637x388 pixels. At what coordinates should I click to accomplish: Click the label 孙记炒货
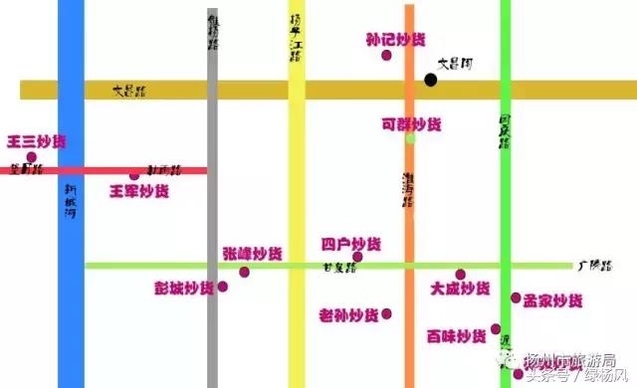click(x=395, y=40)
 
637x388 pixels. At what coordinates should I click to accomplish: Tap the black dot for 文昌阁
click(x=430, y=80)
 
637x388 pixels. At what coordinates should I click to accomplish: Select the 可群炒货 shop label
click(x=411, y=124)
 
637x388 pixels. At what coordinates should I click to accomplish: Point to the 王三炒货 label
click(x=36, y=141)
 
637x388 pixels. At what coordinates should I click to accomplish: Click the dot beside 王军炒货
click(x=134, y=176)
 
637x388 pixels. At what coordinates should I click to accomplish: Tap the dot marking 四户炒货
click(x=357, y=257)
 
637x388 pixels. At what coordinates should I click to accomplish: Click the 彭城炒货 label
click(x=183, y=288)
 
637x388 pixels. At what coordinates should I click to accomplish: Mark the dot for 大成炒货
click(x=460, y=275)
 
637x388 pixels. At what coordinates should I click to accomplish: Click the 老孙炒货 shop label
click(x=348, y=315)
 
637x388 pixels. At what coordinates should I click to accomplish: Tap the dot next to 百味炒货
click(x=496, y=329)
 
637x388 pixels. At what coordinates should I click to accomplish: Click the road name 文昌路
click(x=128, y=91)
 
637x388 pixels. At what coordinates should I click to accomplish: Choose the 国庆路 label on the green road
click(x=505, y=130)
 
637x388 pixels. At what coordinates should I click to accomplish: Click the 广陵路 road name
click(x=588, y=266)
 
